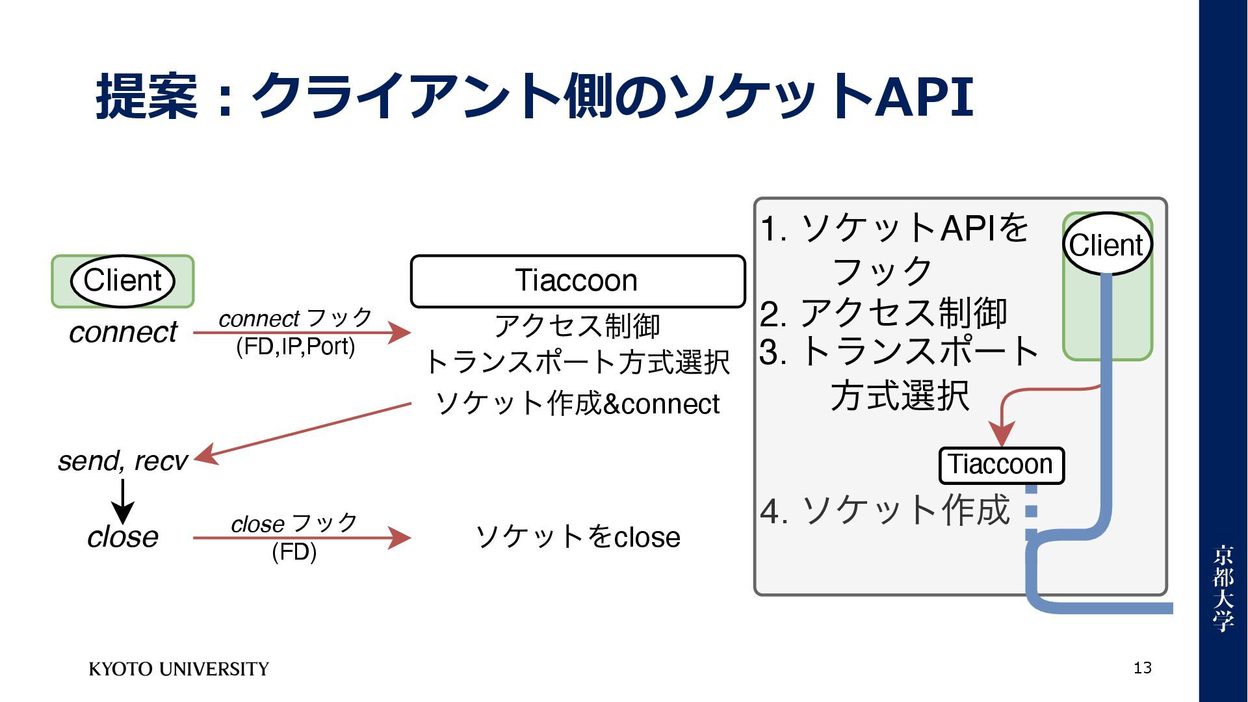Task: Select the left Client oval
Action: pos(123,281)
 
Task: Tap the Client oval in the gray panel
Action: pos(1107,245)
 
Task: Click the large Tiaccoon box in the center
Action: pos(577,281)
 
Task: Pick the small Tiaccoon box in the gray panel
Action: pos(1001,465)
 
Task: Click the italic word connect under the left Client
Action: pos(123,332)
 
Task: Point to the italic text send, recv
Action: pos(123,461)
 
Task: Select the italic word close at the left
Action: pos(123,537)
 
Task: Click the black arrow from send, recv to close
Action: pos(123,500)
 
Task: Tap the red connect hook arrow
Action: pos(302,333)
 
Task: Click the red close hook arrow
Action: pos(302,538)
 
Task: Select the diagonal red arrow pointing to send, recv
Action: pos(302,432)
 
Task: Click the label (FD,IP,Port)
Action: pos(295,347)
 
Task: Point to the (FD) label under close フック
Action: pos(294,552)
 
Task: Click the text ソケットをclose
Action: pos(577,537)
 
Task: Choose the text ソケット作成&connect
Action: pos(577,404)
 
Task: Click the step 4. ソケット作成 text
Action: pos(884,510)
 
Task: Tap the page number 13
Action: pos(1142,668)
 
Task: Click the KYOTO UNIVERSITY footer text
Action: pos(179,669)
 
